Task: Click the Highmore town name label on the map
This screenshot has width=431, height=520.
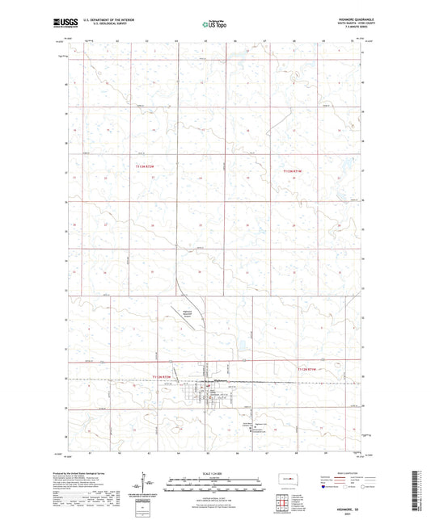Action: (x=219, y=381)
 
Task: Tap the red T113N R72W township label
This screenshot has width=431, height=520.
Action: (x=143, y=166)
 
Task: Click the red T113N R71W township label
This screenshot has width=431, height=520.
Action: (x=291, y=171)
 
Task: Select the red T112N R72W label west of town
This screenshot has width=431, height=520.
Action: (x=163, y=376)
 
